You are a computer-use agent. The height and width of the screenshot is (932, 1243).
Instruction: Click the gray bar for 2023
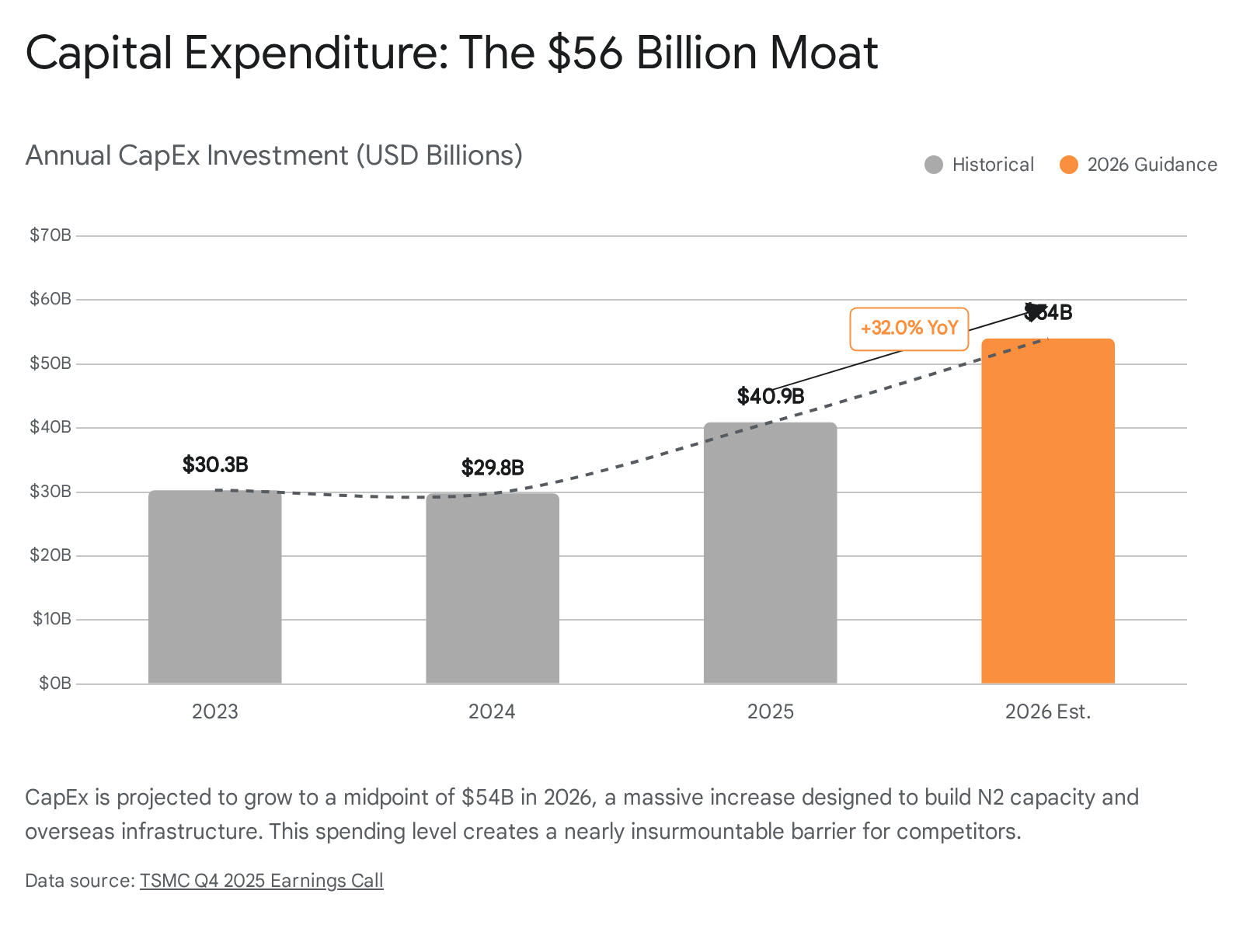[215, 587]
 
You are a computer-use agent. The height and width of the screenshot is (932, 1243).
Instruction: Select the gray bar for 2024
[493, 589]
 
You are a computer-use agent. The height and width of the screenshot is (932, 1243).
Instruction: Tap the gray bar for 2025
[770, 553]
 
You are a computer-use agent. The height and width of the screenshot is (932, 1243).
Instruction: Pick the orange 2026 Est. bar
[1048, 511]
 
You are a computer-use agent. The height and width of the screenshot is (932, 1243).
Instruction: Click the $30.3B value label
[215, 465]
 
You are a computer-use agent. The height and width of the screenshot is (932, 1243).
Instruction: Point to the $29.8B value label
[493, 468]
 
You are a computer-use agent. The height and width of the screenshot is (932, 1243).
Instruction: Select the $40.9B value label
[770, 397]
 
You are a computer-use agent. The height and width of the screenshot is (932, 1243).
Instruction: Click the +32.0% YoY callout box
[909, 329]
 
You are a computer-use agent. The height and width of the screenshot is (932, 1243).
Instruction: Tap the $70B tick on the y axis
[50, 235]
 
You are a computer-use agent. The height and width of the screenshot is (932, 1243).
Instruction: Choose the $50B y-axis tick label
[50, 363]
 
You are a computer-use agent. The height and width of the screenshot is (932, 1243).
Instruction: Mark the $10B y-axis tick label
[52, 619]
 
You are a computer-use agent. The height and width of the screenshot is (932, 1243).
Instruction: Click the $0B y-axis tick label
[55, 683]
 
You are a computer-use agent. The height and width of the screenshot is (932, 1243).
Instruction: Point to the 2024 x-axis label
[492, 712]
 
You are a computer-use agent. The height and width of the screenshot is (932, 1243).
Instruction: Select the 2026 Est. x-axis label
[1048, 712]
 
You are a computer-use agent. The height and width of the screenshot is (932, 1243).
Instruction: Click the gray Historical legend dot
[934, 165]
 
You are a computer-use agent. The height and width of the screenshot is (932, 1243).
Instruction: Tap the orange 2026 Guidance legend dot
[1069, 165]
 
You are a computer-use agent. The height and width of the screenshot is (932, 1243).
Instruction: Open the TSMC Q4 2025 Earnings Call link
[262, 881]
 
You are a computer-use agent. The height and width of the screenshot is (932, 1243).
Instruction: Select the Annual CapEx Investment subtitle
[273, 155]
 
